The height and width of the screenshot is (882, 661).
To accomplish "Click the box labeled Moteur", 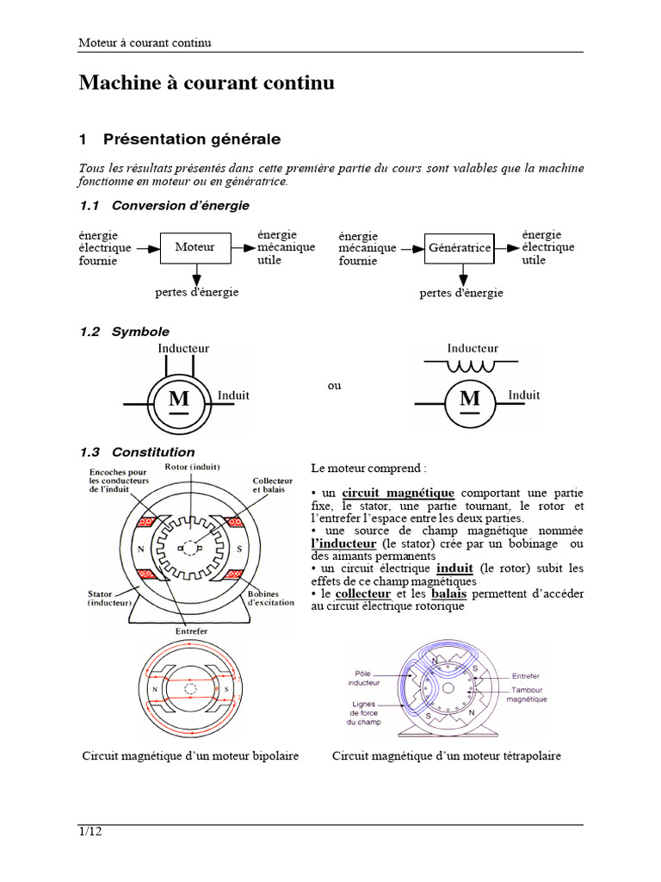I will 195,247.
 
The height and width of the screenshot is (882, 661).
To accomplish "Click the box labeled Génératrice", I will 460,248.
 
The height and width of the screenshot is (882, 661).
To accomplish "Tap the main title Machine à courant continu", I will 207,83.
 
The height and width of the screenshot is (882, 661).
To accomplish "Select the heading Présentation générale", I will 191,139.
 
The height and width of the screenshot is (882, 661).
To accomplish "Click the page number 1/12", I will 90,832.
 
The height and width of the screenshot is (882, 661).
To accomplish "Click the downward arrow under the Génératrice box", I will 462,276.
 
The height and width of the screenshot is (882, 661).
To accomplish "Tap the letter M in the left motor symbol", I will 178,399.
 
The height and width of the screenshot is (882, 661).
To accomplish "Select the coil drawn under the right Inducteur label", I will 471,366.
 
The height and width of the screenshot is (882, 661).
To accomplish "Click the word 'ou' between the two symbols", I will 334,385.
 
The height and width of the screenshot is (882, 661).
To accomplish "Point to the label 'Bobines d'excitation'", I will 271,598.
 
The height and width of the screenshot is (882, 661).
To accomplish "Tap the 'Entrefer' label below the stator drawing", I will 192,631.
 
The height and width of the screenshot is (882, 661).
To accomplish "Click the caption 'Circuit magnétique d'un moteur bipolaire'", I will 191,756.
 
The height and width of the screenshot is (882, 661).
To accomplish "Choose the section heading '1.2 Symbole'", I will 125,332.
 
